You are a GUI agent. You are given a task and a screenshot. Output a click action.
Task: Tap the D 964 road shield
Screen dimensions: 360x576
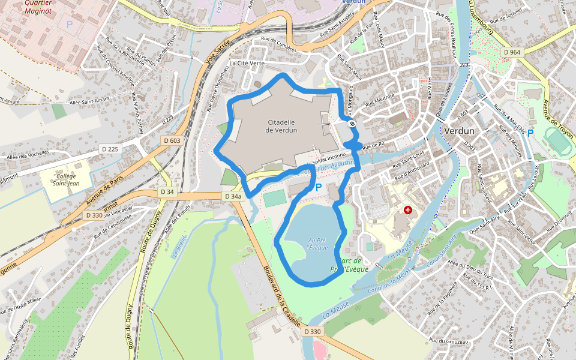tap(512, 53)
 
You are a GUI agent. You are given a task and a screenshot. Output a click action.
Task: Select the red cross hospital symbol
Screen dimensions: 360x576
tap(409, 211)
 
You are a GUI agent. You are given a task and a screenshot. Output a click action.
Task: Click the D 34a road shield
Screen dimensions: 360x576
tap(232, 196)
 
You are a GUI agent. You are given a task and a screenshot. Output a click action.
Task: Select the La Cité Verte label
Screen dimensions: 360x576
tap(247, 63)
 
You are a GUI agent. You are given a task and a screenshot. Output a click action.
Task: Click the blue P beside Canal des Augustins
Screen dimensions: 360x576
tap(319, 188)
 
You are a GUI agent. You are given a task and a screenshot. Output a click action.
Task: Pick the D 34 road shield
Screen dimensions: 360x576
tap(167, 191)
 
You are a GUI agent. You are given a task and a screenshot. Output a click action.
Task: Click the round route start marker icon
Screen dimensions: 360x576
tap(352, 124)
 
